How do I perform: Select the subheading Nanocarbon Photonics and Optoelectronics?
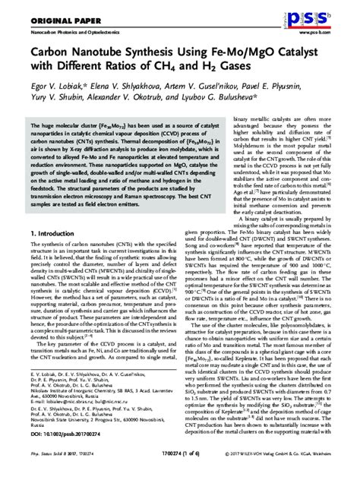[x=72, y=34]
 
